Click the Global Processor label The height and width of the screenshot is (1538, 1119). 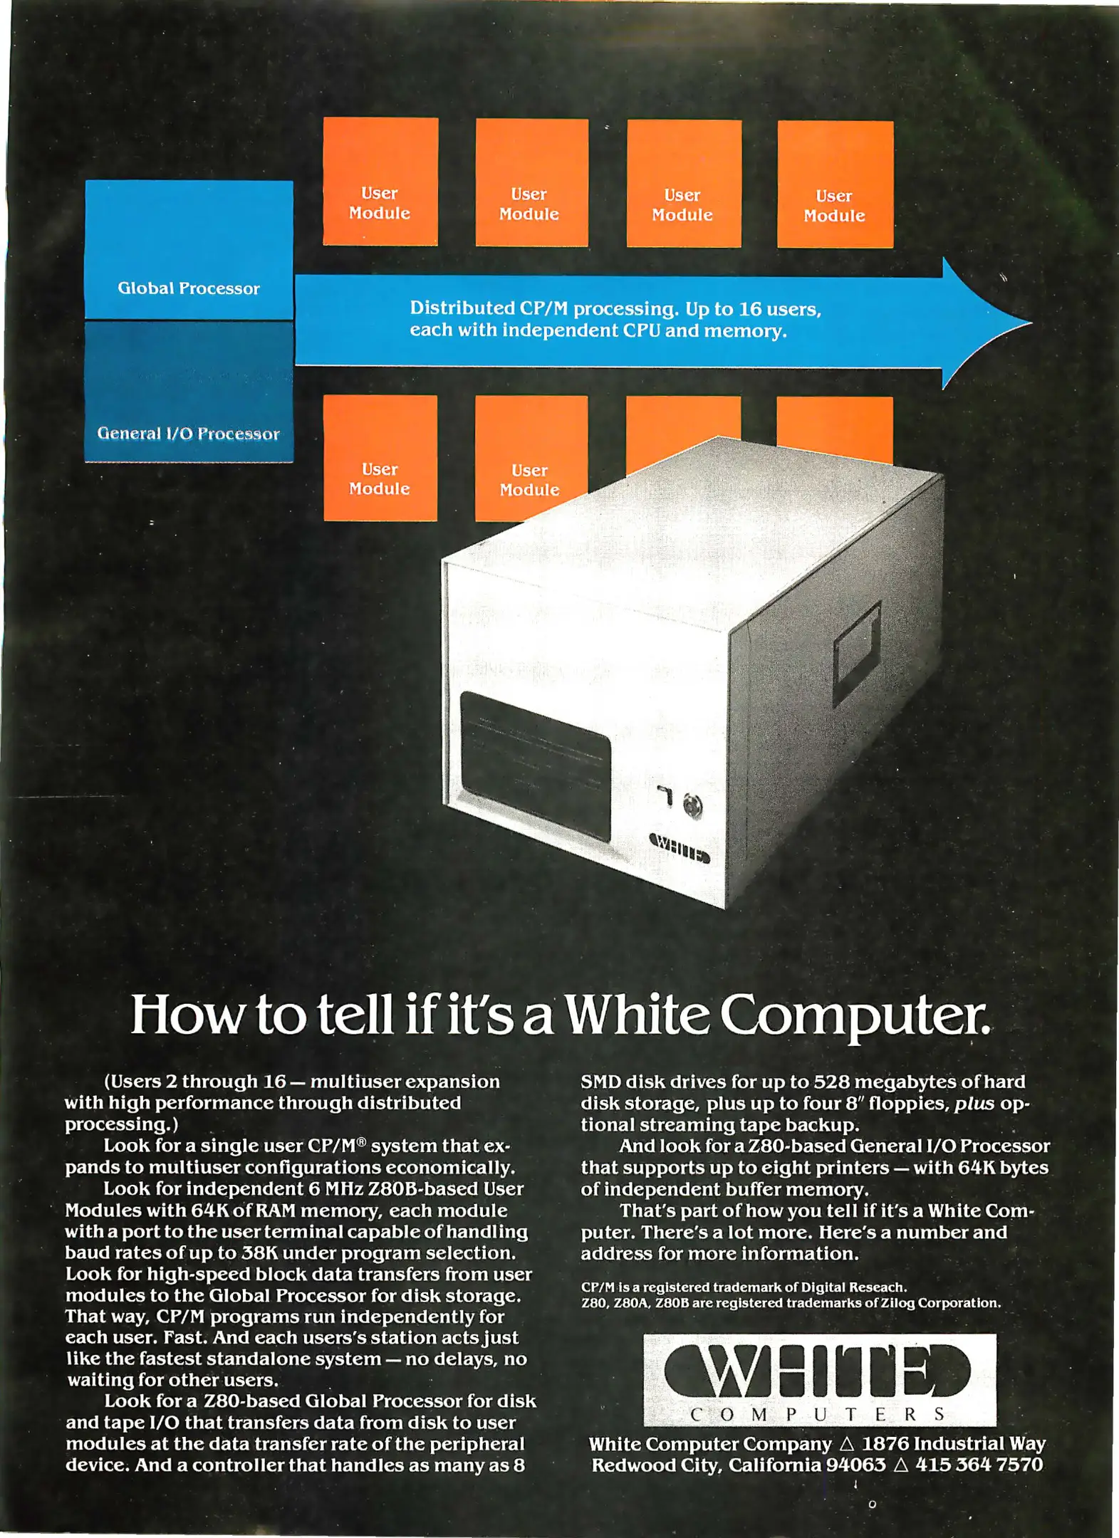(189, 288)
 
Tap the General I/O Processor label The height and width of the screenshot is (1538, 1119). (189, 434)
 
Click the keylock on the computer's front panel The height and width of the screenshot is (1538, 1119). (692, 806)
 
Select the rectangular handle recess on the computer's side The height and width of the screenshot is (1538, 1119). (858, 652)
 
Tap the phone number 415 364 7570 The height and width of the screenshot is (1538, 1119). (979, 1465)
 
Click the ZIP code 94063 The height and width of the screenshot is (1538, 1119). (855, 1465)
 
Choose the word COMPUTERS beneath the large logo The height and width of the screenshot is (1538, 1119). (818, 1415)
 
